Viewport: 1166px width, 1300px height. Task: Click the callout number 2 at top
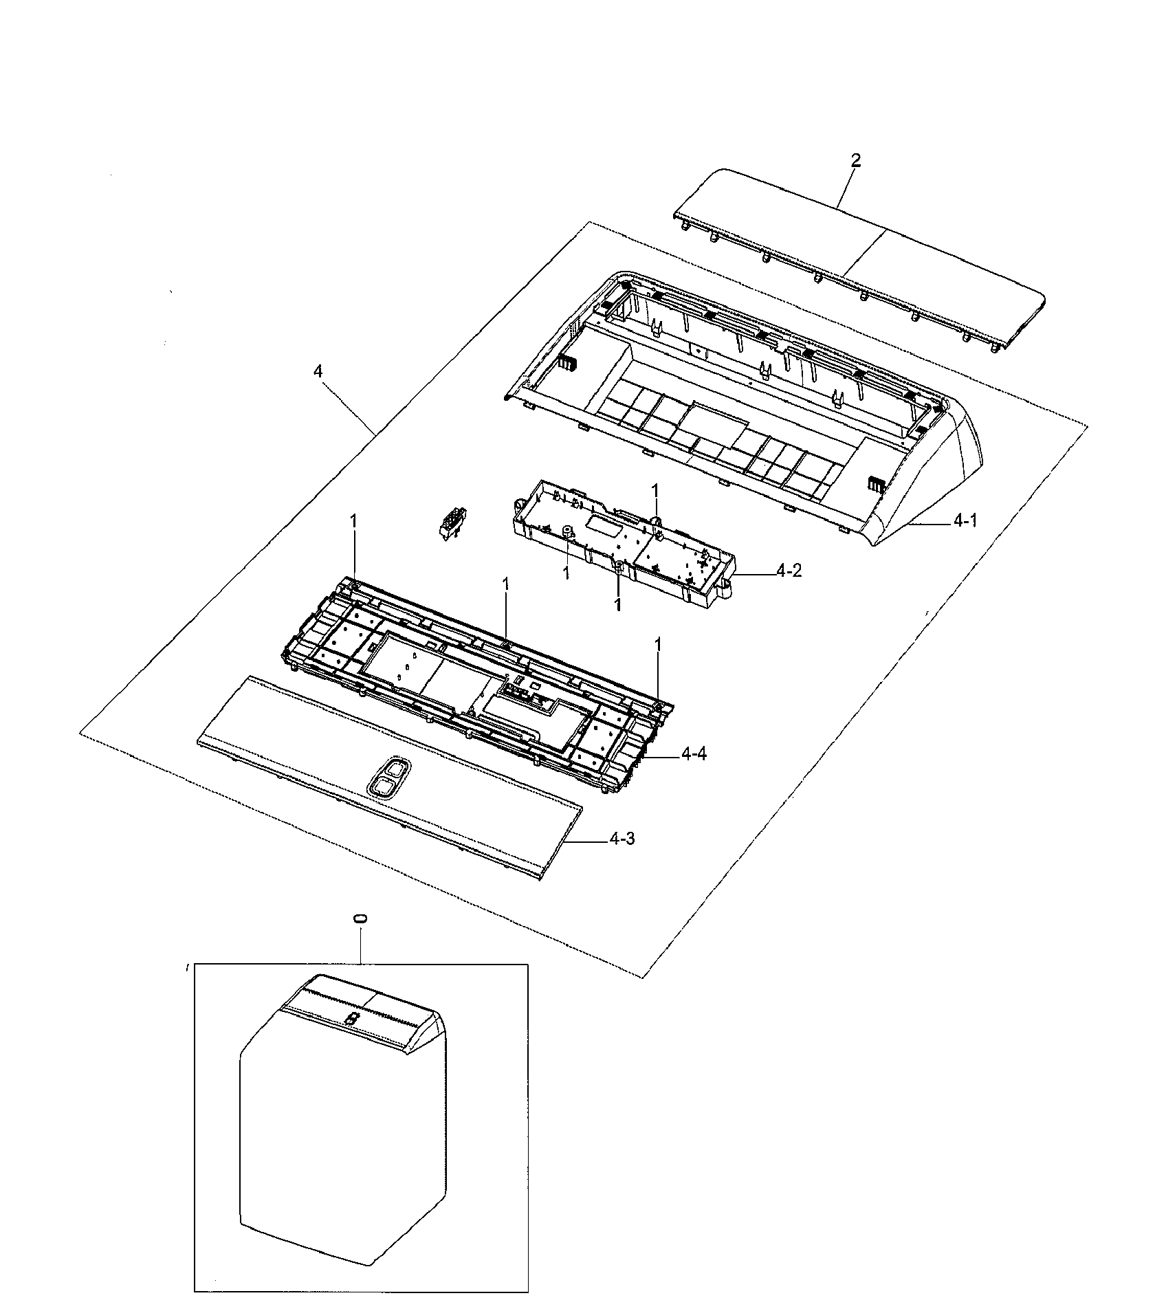pyautogui.click(x=855, y=161)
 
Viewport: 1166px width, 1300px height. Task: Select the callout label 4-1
pyautogui.click(x=965, y=522)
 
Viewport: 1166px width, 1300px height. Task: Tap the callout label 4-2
pyautogui.click(x=789, y=571)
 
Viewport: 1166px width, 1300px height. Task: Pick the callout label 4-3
pyautogui.click(x=621, y=839)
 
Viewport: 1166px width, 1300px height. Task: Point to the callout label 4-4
pyautogui.click(x=694, y=755)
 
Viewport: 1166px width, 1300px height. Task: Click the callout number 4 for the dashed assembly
pyautogui.click(x=318, y=371)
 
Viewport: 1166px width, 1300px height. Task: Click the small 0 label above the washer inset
pyautogui.click(x=360, y=918)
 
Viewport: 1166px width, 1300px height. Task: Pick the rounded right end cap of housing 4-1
pyautogui.click(x=956, y=481)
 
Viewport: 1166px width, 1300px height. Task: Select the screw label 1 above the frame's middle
pyautogui.click(x=506, y=584)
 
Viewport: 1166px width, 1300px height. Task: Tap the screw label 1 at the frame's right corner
pyautogui.click(x=658, y=644)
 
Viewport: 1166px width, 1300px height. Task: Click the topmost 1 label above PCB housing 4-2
pyautogui.click(x=654, y=490)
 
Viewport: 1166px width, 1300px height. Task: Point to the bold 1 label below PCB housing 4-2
pyautogui.click(x=617, y=604)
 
